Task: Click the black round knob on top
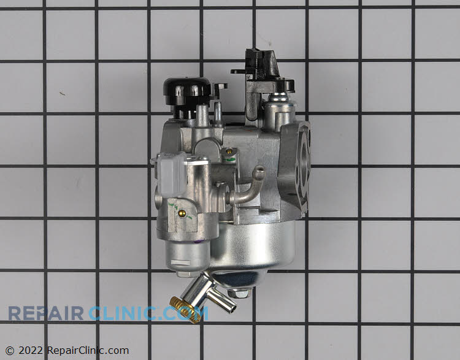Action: coord(186,90)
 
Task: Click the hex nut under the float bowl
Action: coord(239,293)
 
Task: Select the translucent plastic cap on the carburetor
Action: coord(172,175)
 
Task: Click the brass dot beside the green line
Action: coord(229,151)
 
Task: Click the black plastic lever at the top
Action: coord(263,77)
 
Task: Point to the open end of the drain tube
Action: coord(232,308)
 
